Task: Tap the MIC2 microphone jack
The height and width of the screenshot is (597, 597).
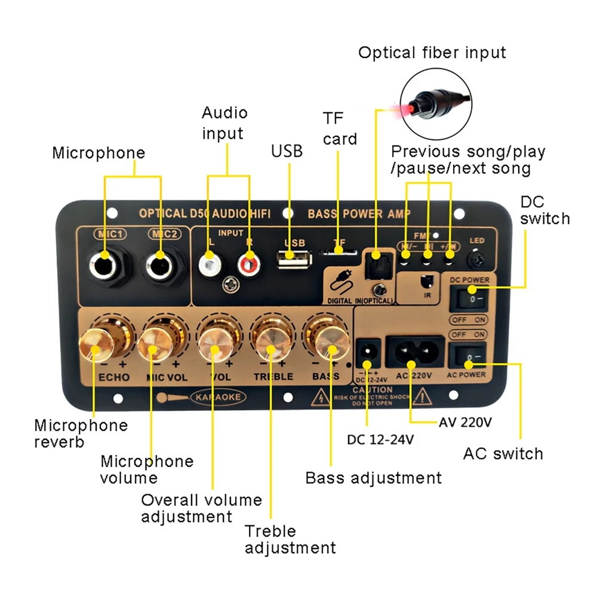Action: [x=159, y=263]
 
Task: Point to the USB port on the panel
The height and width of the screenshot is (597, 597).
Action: [x=294, y=259]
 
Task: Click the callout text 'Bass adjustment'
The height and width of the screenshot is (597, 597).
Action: [x=373, y=478]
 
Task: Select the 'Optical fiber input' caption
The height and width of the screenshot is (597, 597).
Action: [x=432, y=53]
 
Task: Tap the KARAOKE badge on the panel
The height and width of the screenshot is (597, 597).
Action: [x=217, y=396]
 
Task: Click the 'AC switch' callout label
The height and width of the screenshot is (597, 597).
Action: [x=503, y=454]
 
